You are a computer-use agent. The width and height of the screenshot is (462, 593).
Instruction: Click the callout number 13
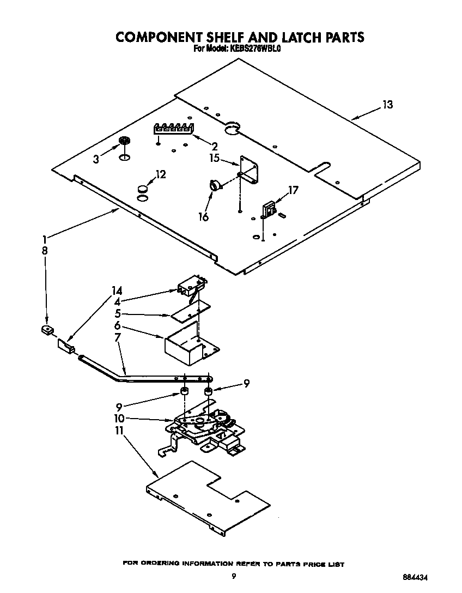tap(387, 105)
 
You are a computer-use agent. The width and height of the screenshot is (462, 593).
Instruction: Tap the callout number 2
tap(214, 146)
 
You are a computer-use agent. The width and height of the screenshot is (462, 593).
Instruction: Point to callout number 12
tap(160, 174)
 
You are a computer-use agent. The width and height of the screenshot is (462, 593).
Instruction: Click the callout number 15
tap(214, 158)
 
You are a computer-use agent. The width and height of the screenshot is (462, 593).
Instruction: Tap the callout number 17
tap(293, 190)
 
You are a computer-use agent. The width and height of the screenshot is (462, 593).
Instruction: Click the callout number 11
tap(119, 431)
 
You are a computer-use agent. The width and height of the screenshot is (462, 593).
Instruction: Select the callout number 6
tap(118, 325)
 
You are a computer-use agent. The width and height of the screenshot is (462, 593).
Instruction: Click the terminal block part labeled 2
tap(173, 129)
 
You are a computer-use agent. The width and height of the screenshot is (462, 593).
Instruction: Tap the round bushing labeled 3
tap(125, 142)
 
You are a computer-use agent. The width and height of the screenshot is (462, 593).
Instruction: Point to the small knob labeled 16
tap(216, 186)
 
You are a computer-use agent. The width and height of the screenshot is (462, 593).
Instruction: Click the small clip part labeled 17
tap(269, 209)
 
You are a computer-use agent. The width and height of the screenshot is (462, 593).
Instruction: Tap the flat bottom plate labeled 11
tap(207, 497)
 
